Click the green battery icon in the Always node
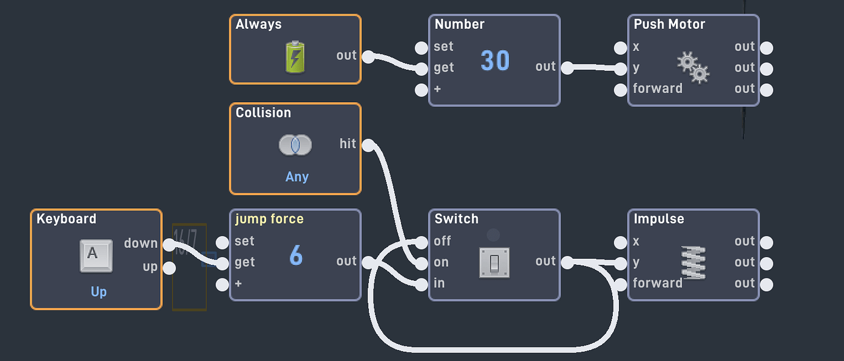coord(295,57)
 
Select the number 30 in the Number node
coord(495,61)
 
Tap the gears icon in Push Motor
coord(694,67)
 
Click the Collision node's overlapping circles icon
coord(295,145)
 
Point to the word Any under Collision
coord(297,177)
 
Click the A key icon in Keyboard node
coord(96,255)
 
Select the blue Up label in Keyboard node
coord(98,292)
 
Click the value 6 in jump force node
coord(295,256)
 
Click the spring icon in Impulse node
coord(693,262)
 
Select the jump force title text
coord(269,219)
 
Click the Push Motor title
coord(669,24)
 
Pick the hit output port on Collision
coord(368,145)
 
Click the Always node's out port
coord(368,57)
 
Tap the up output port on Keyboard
coord(169,268)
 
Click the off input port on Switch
coord(421,242)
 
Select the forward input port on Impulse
coord(621,285)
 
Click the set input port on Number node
coord(421,48)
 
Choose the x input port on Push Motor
coord(621,48)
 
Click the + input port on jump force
coord(223,285)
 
